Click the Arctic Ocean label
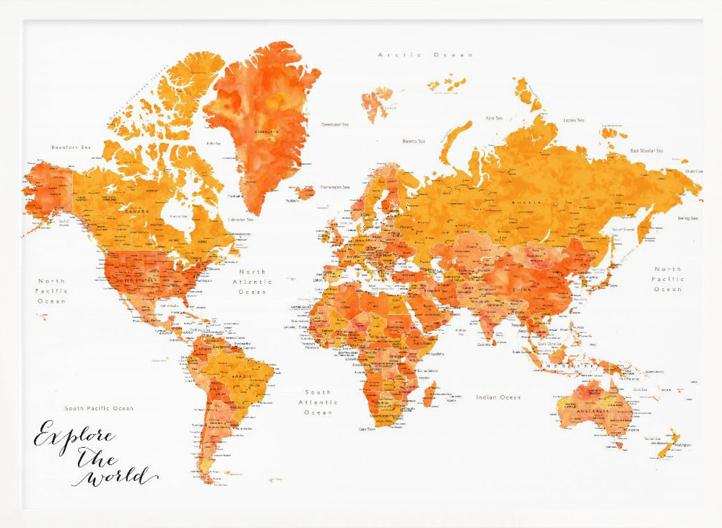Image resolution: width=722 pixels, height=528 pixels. click(426, 55)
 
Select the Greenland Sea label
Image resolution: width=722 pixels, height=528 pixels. click(335, 124)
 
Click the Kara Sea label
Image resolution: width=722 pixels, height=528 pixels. click(495, 117)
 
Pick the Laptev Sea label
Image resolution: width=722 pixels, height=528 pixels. click(574, 120)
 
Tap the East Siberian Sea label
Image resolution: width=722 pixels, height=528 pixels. click(646, 151)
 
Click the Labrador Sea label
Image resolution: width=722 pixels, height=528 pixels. click(240, 220)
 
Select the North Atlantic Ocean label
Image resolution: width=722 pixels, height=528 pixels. click(252, 282)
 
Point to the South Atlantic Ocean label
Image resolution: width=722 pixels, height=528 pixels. click(318, 402)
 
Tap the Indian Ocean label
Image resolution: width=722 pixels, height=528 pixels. click(498, 397)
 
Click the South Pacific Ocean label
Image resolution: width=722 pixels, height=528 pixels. click(99, 408)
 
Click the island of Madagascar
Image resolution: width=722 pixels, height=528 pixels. click(429, 394)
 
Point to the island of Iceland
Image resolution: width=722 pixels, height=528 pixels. click(305, 192)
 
